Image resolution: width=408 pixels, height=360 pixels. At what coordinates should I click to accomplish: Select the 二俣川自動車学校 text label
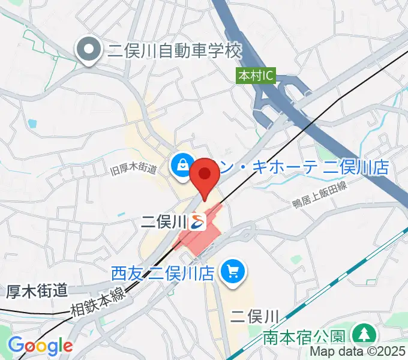(x=174, y=50)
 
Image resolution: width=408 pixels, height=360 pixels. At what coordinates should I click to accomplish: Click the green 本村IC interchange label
(x=256, y=76)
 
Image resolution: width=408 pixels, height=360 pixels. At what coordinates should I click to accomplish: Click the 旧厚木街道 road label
(x=134, y=169)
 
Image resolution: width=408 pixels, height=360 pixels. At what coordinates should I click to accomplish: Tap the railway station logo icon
(x=198, y=222)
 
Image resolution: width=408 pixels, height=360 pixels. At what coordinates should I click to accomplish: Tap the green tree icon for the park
(x=363, y=334)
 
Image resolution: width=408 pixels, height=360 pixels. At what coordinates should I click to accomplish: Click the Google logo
(x=40, y=346)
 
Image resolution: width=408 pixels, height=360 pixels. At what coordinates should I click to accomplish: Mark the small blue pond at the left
(x=32, y=124)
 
